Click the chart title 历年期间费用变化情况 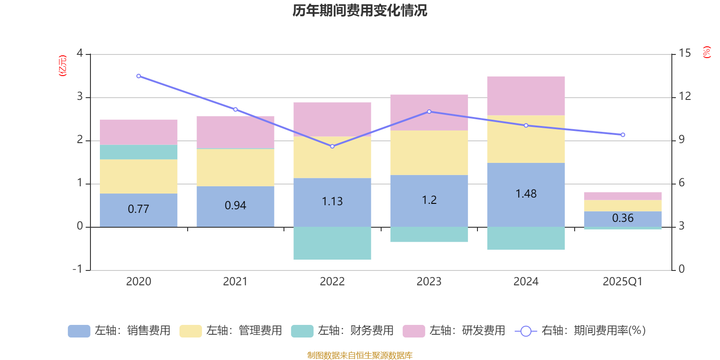coord(360,11)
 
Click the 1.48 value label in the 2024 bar coord(526,194)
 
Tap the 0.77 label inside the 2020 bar coord(138,209)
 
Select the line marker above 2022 coord(332,146)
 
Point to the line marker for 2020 coord(138,76)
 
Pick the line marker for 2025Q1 coord(623,135)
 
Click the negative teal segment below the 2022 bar coord(332,243)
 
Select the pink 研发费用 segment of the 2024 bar coord(526,95)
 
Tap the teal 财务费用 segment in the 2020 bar coord(138,152)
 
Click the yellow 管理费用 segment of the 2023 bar coord(429,153)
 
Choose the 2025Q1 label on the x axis coord(622,282)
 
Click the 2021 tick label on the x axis coord(235,282)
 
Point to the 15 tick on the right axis coord(684,54)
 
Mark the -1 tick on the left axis coord(78,269)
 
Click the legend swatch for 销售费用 coord(79,331)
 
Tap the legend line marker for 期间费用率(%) coord(526,331)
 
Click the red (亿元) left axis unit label coord(63,66)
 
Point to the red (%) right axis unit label coord(707,52)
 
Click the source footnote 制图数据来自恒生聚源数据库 coord(360,355)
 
